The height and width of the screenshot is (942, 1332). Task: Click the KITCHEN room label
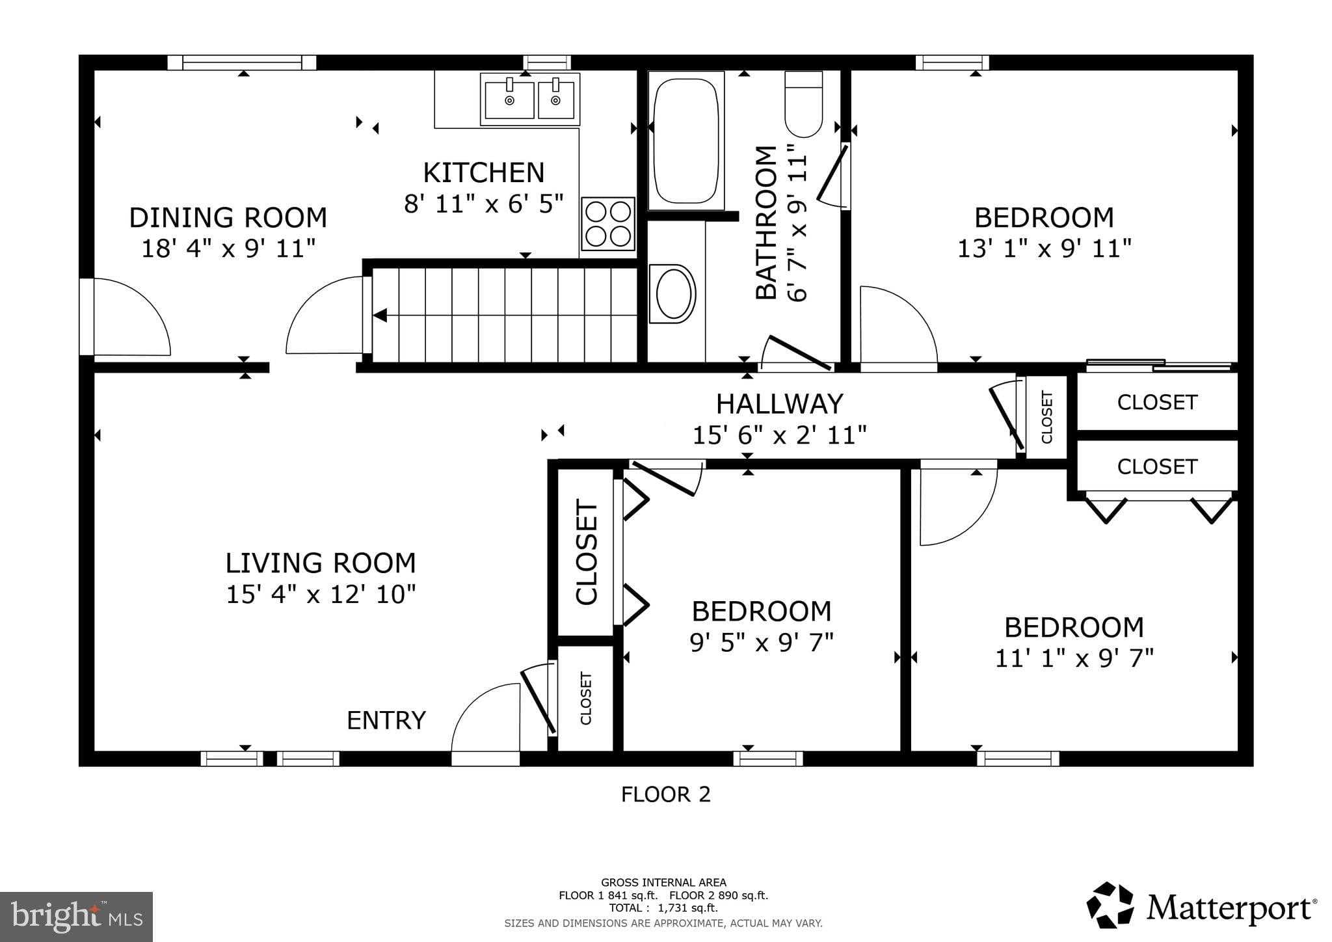483,173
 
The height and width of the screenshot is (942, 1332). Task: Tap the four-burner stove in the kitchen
607,224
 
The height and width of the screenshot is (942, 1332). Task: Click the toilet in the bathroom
804,105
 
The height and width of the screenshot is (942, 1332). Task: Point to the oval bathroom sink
673,293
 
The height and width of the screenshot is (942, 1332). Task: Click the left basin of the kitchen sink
510,100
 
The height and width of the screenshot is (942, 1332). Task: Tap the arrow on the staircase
380,316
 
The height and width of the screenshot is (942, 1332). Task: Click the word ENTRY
386,721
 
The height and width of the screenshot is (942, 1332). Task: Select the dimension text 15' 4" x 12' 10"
321,595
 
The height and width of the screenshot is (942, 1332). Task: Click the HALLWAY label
779,404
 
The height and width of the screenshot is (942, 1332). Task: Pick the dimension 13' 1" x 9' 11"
1044,249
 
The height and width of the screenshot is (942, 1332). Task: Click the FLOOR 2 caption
665,794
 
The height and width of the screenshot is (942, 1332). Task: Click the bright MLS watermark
77,917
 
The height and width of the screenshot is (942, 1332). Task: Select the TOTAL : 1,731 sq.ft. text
663,908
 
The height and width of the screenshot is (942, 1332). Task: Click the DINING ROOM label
228,218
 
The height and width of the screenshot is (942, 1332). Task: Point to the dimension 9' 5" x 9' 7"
761,643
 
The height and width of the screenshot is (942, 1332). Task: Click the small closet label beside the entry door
585,699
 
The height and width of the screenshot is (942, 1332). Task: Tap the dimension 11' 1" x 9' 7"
1074,658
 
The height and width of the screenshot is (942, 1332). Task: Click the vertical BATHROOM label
766,223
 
